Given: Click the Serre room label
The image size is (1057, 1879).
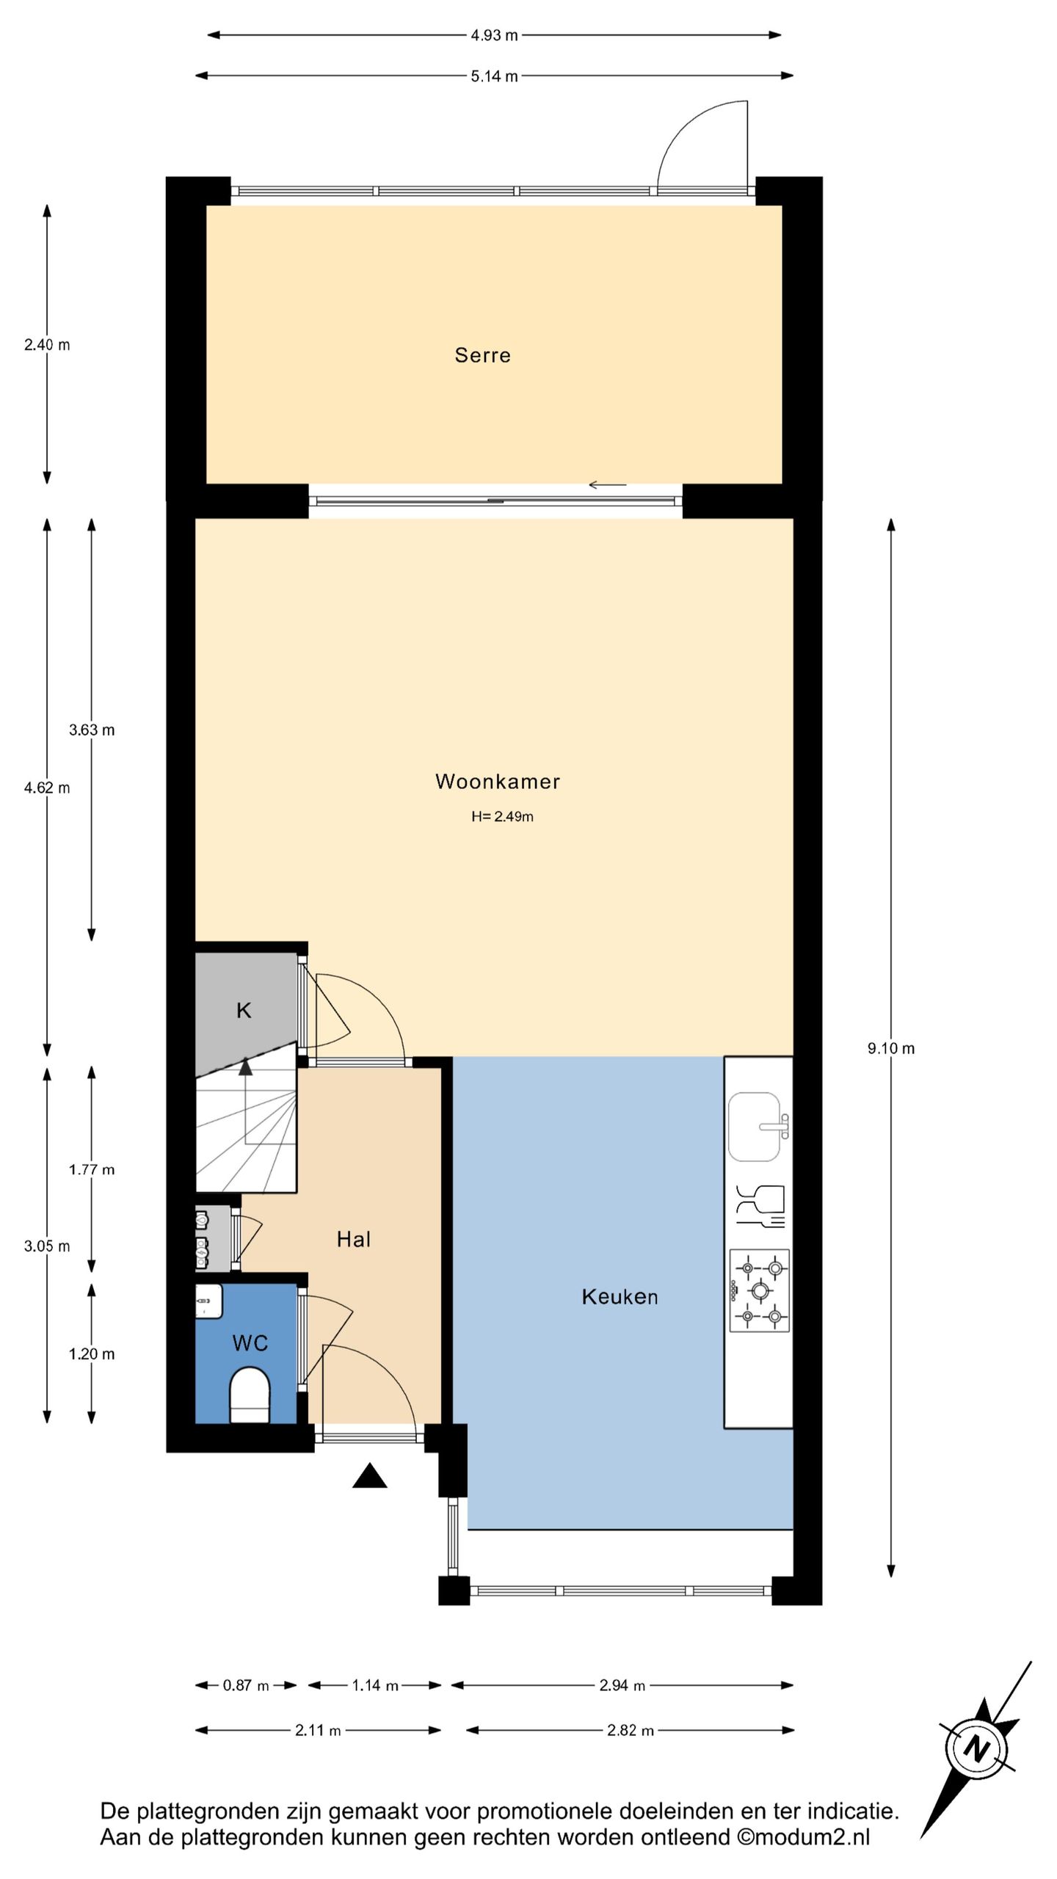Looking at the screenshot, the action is pos(482,355).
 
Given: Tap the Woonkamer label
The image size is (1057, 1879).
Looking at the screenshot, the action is pos(498,781).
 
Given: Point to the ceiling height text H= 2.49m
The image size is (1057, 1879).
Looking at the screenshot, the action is pos(502,816).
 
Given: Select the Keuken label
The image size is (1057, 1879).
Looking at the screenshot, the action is pos(620,1297).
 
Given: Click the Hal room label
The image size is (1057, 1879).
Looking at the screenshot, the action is pos(353,1240).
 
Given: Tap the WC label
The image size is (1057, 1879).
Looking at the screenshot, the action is pos(250,1343).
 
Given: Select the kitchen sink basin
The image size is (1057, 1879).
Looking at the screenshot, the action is pos(755,1127).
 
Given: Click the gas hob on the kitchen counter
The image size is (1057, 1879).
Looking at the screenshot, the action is pos(760,1290).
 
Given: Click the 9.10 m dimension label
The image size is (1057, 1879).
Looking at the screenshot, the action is pos(891,1049).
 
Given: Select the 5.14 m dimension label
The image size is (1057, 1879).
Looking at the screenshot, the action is pos(494,76).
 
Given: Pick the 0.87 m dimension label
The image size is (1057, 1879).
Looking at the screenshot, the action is pos(246,1685).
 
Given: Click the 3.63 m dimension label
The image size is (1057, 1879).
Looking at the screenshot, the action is pos(92,730).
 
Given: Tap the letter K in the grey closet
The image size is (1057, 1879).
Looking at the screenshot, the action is pos(244,1011).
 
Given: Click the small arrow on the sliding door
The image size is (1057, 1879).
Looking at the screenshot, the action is pos(608,484).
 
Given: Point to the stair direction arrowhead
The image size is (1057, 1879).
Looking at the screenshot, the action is pos(245,1066).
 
